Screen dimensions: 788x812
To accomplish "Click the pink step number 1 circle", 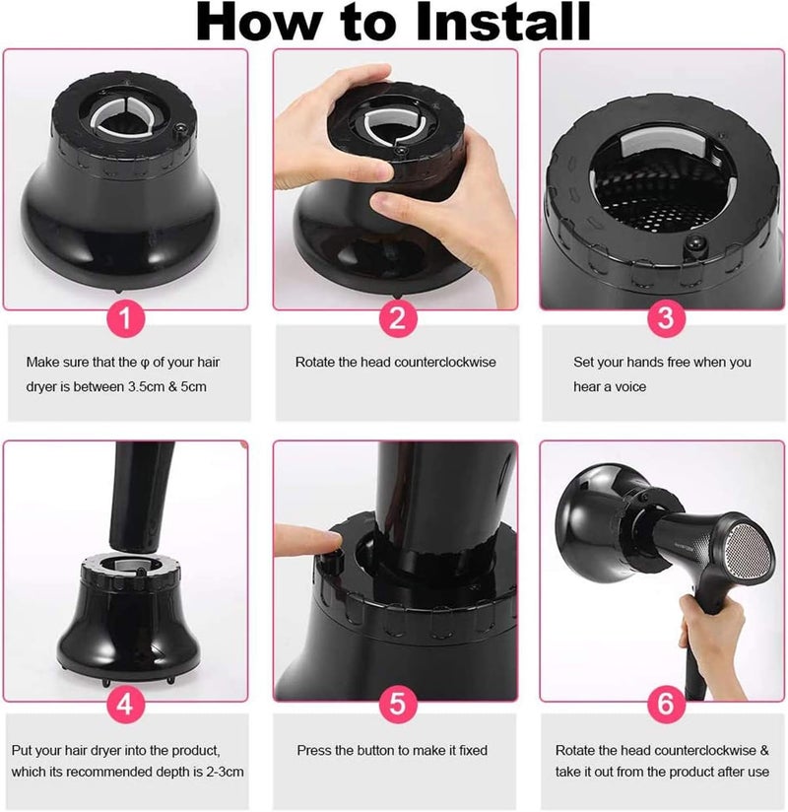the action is pyautogui.click(x=126, y=318).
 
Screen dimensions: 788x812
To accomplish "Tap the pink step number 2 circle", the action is pyautogui.click(x=397, y=318).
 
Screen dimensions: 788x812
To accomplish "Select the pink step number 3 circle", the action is pyautogui.click(x=666, y=318).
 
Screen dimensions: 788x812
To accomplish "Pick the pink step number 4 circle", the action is pyautogui.click(x=126, y=705).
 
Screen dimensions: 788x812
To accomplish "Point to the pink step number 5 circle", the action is pyautogui.click(x=397, y=705).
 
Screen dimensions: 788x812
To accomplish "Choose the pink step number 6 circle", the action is pyautogui.click(x=666, y=705).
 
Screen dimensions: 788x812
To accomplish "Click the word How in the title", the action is pyautogui.click(x=260, y=22).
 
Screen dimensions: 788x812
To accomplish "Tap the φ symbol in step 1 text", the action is pyautogui.click(x=145, y=363).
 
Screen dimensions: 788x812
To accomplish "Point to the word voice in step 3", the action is pyautogui.click(x=630, y=387).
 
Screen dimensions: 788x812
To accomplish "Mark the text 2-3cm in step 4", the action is pyautogui.click(x=225, y=772).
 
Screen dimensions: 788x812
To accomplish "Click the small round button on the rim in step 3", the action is pyautogui.click(x=695, y=243).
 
